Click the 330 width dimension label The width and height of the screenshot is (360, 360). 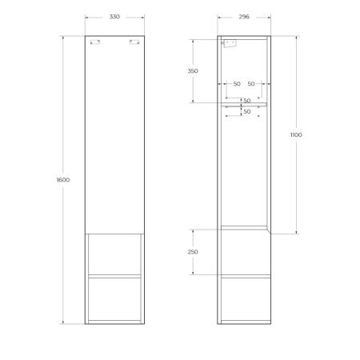coord(114,16)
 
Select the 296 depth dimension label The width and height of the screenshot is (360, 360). coord(244,16)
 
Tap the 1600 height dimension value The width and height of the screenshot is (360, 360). coord(63,180)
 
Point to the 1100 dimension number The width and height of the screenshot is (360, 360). coord(296,135)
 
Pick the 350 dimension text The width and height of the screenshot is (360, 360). coord(193,70)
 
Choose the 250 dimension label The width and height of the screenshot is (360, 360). coord(193,251)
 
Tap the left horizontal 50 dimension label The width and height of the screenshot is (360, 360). coord(237,83)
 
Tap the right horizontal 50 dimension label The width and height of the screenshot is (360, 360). coord(251,83)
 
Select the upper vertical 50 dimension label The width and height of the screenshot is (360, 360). coord(247,101)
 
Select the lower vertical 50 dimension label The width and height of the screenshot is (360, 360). coord(247,111)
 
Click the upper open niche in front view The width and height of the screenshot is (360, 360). coord(114,255)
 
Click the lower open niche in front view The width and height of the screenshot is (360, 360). coord(114,298)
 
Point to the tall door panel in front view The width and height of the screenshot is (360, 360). coord(114,136)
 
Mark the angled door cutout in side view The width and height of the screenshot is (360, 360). coord(270,230)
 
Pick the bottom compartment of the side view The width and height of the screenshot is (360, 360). coord(244,298)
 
